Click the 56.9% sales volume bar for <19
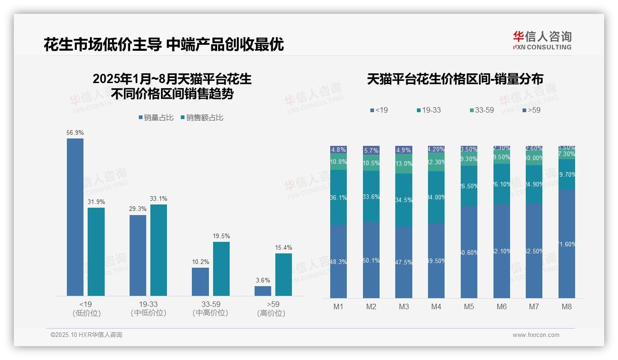click(x=75, y=217)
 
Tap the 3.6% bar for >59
click(x=263, y=291)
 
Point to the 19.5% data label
click(x=221, y=236)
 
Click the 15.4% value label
click(x=284, y=248)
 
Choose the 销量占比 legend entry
click(x=156, y=118)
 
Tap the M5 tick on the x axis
click(x=469, y=306)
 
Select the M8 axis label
click(x=567, y=306)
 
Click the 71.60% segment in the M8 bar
click(x=567, y=244)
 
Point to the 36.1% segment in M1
click(x=339, y=198)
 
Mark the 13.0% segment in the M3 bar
click(x=404, y=164)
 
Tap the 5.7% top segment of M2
click(x=371, y=150)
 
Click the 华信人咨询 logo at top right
click(x=542, y=40)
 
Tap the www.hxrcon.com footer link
click(x=536, y=335)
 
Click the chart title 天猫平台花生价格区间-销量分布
click(x=455, y=79)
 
